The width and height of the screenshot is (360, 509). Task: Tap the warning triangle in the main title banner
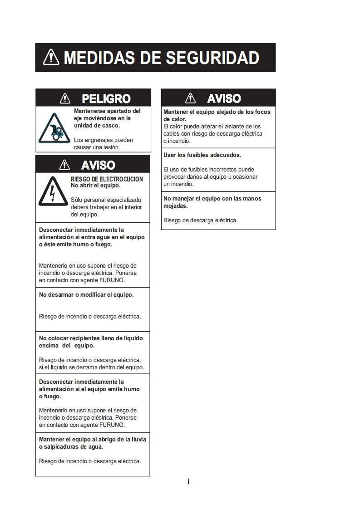[51, 57]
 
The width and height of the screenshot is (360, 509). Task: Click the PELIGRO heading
[106, 98]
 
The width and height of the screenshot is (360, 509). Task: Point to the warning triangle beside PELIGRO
[65, 98]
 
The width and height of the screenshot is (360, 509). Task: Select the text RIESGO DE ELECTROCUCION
[107, 179]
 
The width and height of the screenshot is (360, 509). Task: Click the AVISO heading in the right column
[224, 98]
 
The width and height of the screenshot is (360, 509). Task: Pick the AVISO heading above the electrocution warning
[98, 165]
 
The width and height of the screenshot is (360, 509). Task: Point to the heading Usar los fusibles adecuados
[202, 155]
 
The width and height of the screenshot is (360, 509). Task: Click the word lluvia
[138, 440]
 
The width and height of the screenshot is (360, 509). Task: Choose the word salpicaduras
[62, 447]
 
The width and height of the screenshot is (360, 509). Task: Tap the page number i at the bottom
[188, 482]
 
